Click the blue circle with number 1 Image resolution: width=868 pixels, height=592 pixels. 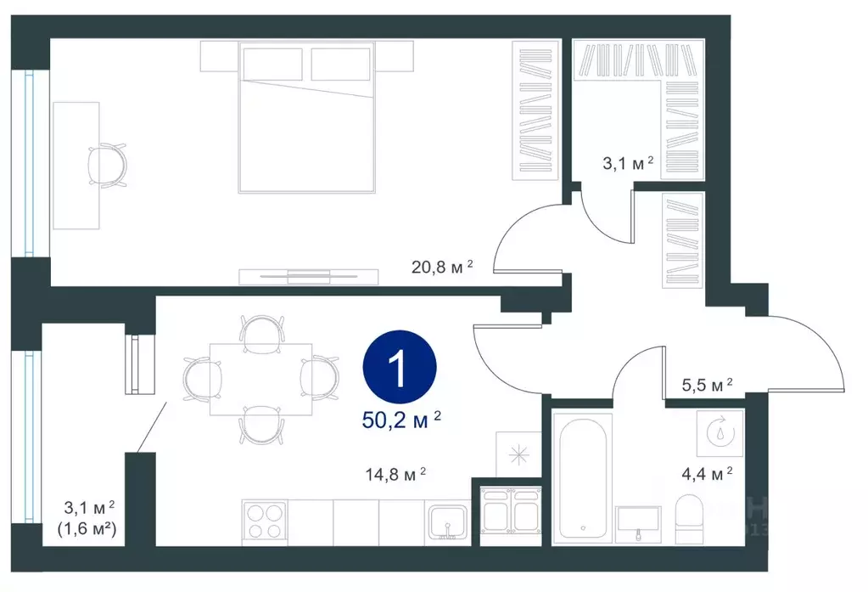tap(400, 366)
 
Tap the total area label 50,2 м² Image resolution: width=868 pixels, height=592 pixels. tap(401, 420)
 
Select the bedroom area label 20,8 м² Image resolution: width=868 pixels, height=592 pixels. tap(442, 268)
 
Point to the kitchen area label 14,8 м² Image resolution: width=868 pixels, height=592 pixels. tap(395, 475)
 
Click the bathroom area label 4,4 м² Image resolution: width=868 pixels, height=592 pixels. tap(707, 474)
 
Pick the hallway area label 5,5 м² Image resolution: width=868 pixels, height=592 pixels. tap(707, 385)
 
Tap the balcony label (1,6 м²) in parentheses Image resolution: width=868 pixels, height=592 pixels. tap(87, 529)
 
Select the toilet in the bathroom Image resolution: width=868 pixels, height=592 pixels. tap(689, 518)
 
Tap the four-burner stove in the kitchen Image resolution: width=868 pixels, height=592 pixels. tap(264, 522)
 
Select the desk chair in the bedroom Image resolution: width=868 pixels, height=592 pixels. tap(108, 165)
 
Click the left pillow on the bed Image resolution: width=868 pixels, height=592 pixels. tap(272, 65)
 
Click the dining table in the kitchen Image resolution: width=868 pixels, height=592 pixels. tap(260, 379)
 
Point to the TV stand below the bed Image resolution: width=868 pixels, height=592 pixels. tap(308, 277)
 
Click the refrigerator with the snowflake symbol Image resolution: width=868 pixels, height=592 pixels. tap(518, 454)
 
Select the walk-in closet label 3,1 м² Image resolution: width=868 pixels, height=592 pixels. tap(628, 163)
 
